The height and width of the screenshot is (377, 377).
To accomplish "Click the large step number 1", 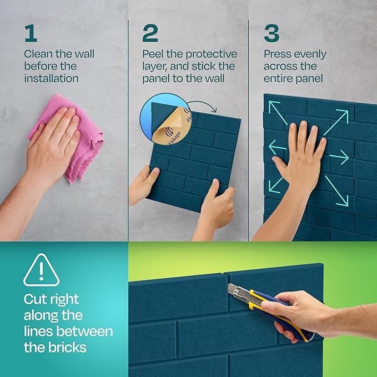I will click(30, 33).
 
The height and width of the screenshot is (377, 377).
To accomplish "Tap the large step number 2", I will click(150, 33).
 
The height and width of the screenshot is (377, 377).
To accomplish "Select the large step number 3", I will click(272, 33).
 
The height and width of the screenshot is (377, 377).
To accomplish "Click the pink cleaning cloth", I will click(72, 139).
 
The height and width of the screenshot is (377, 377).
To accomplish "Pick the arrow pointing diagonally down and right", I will click(336, 189).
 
